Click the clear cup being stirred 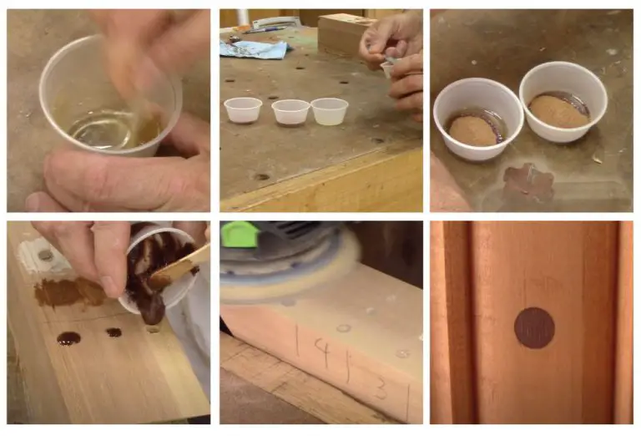click(x=109, y=100)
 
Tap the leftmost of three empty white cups click(x=242, y=109)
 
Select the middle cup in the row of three click(x=290, y=111)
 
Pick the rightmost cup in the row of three click(x=329, y=110)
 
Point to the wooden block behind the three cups click(x=344, y=33)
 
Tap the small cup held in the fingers click(x=389, y=67)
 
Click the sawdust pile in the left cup click(x=473, y=130)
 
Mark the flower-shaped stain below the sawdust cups click(x=527, y=181)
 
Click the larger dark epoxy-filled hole click(x=68, y=338)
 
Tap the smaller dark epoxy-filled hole click(x=113, y=332)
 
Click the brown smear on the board click(x=67, y=292)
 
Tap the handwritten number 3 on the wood click(x=381, y=388)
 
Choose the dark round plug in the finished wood click(x=534, y=327)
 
